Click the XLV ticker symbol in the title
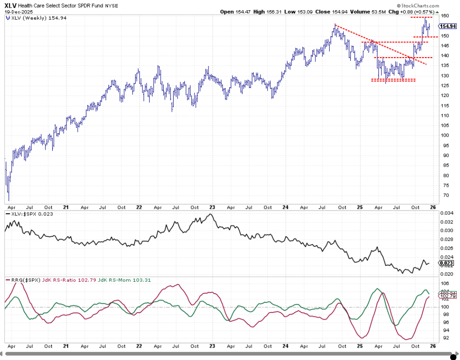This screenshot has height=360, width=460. point(11,5)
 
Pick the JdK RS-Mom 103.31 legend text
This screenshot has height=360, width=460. point(114,280)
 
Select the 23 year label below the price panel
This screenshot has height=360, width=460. point(212,207)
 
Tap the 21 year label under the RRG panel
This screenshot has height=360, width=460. point(66,346)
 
